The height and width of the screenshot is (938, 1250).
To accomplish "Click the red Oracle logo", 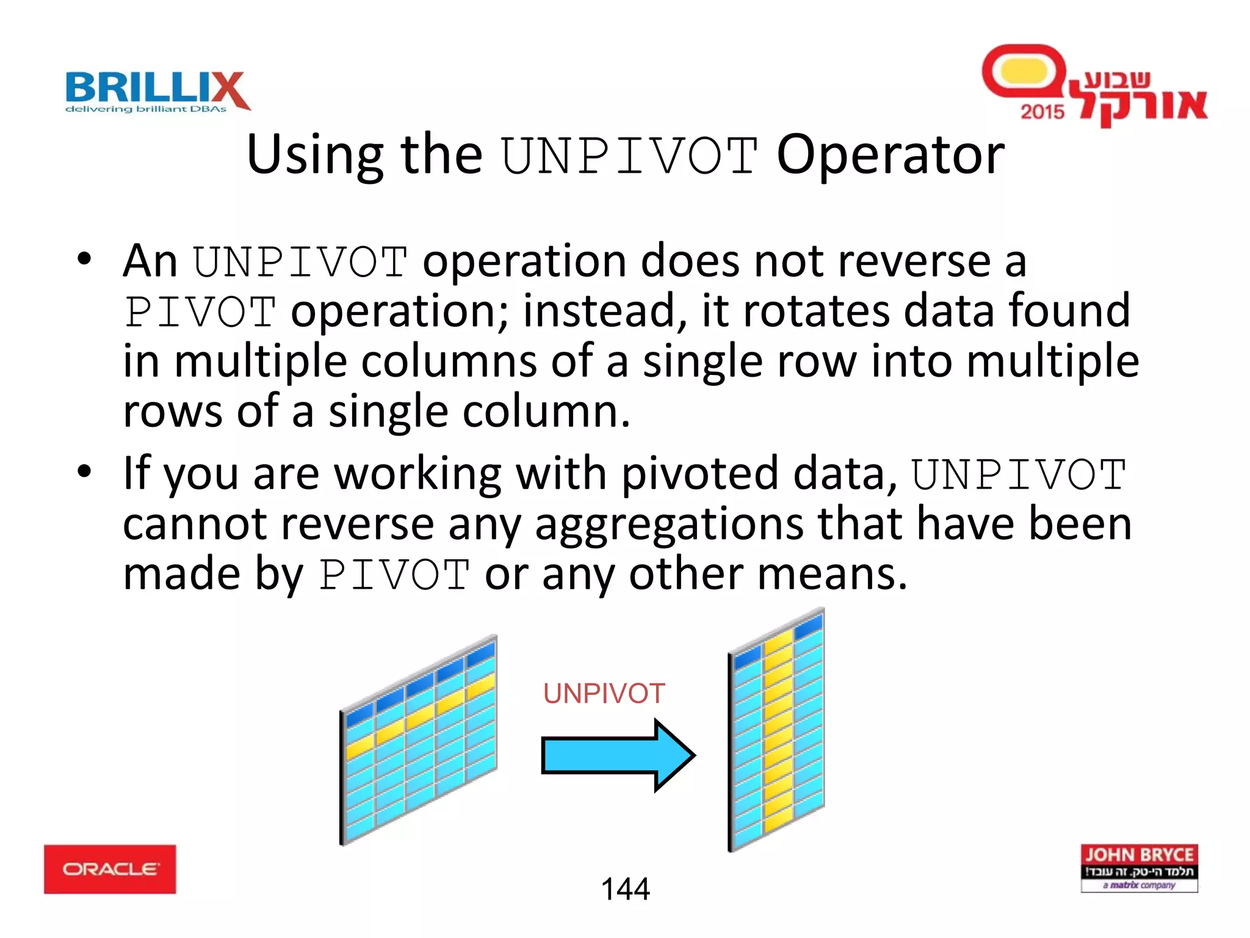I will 110,869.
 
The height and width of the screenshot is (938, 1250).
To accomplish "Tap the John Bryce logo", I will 1139,868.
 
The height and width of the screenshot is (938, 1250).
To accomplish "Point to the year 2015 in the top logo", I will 1042,112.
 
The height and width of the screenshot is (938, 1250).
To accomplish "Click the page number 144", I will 625,889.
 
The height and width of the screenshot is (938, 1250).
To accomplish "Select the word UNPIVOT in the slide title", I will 629,156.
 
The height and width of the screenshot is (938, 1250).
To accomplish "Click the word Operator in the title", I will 890,155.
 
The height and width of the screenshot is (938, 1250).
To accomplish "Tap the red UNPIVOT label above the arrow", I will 604,694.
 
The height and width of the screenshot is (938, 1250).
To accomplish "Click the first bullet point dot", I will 84,259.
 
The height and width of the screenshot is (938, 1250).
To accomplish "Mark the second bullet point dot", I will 84,471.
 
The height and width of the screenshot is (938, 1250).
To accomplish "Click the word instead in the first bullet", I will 604,311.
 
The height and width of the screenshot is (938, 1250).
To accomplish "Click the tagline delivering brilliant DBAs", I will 146,109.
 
